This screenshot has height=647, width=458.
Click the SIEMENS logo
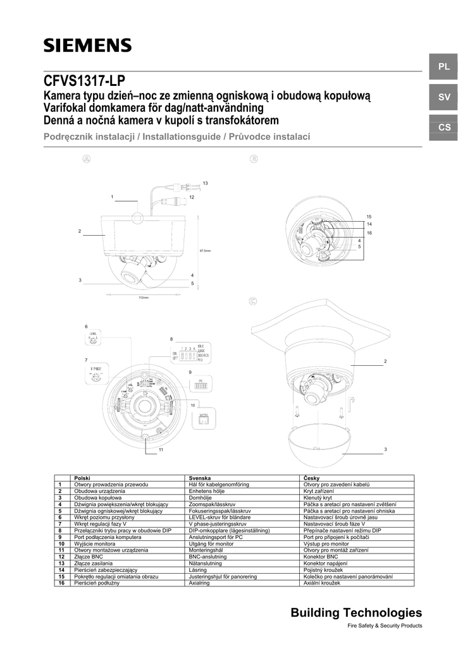88,45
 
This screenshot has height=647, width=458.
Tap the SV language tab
443,97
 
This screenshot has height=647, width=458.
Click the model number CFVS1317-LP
85,82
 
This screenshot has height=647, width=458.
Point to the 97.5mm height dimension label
205,251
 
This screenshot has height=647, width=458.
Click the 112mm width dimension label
143,298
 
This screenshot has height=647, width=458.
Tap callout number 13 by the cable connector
205,183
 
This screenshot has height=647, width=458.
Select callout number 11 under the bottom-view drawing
161,449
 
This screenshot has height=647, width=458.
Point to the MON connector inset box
204,418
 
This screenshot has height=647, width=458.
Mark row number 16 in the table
62,583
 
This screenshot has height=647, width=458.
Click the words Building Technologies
356,612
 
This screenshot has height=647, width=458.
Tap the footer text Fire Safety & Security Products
385,626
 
